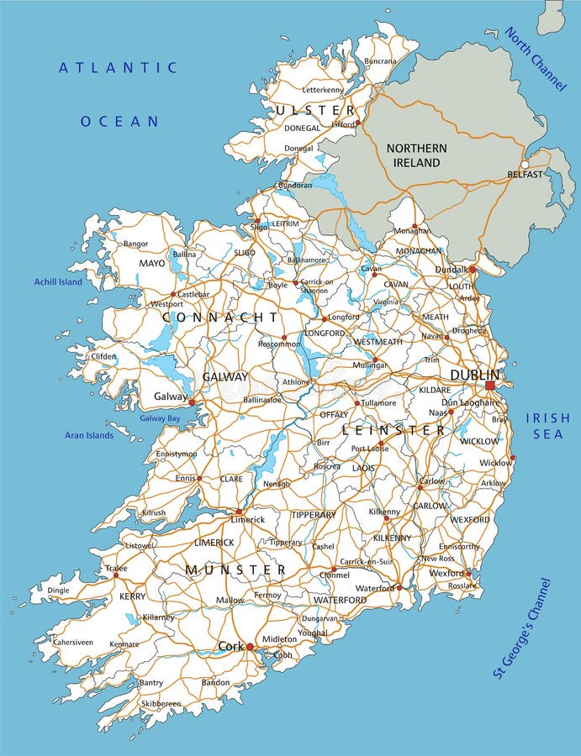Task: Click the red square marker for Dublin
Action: pyautogui.click(x=490, y=386)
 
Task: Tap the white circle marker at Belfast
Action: pyautogui.click(x=525, y=165)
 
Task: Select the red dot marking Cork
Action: pyautogui.click(x=250, y=646)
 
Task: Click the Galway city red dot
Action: pyautogui.click(x=192, y=402)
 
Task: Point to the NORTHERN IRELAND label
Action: pyautogui.click(x=416, y=155)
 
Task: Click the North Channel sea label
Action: pyautogui.click(x=535, y=60)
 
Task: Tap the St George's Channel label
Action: pyautogui.click(x=522, y=627)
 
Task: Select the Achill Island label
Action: pyautogui.click(x=58, y=282)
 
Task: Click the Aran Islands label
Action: pyautogui.click(x=89, y=435)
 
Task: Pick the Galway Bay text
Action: pyautogui.click(x=160, y=418)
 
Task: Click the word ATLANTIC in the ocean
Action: pyautogui.click(x=118, y=68)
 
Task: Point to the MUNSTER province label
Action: pyautogui.click(x=235, y=570)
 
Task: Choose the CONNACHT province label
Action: pyautogui.click(x=219, y=317)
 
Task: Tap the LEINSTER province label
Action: pyautogui.click(x=393, y=430)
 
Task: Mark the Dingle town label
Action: pyautogui.click(x=58, y=591)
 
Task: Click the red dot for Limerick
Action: pyautogui.click(x=238, y=511)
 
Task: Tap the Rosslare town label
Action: pyautogui.click(x=462, y=586)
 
